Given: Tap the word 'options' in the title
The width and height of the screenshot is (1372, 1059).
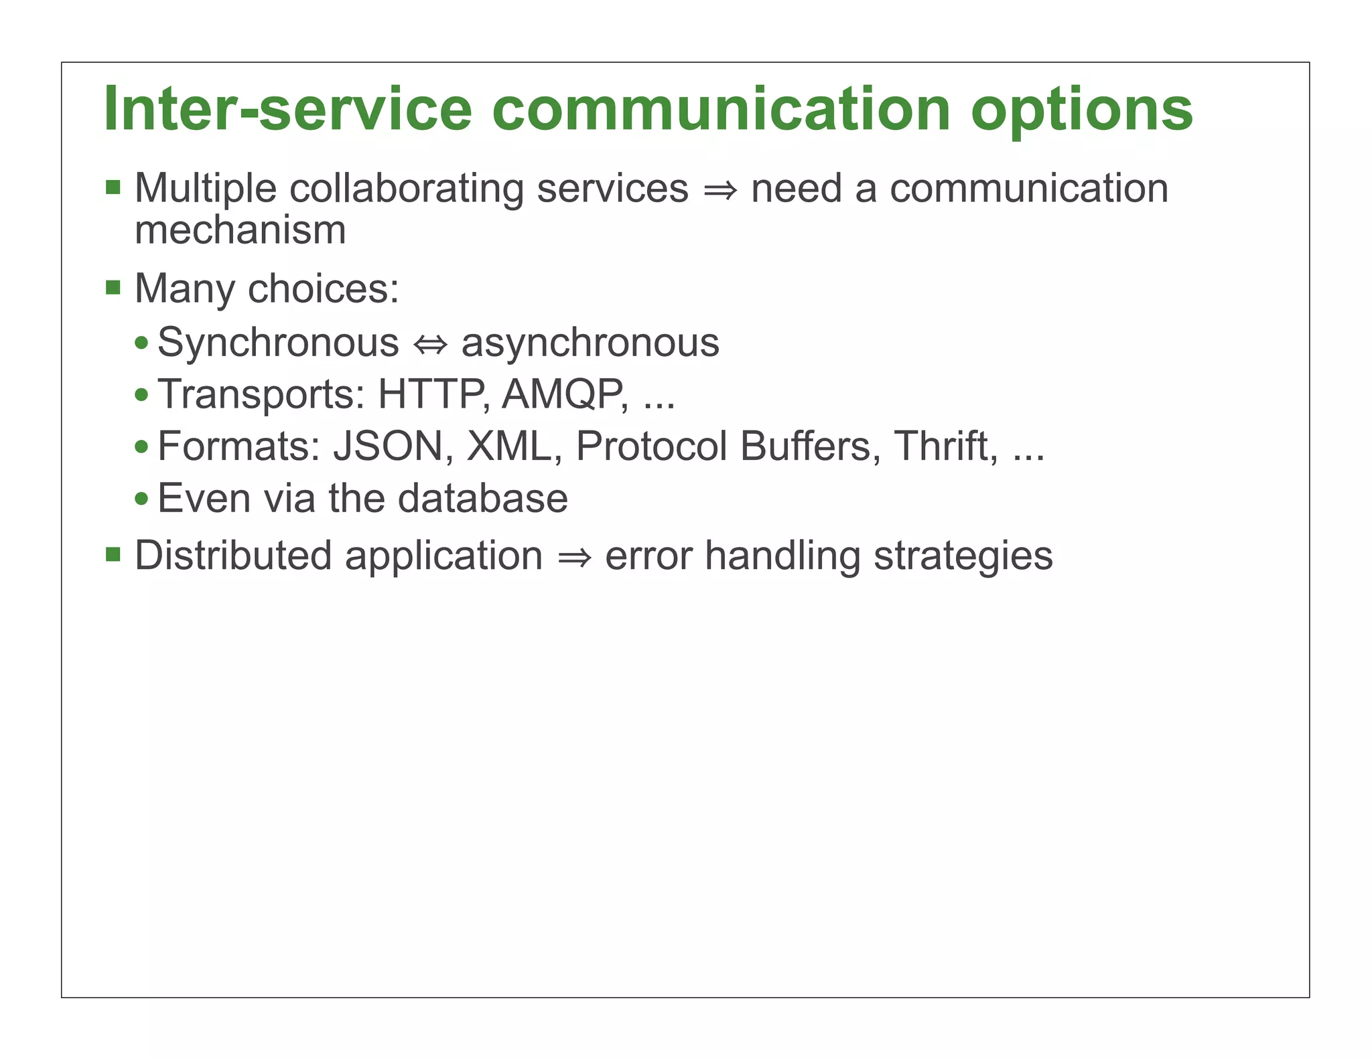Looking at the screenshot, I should click(x=1081, y=110).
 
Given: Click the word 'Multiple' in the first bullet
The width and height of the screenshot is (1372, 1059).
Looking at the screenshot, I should click(x=205, y=189).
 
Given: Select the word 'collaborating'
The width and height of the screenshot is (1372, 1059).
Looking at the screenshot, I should click(x=406, y=189).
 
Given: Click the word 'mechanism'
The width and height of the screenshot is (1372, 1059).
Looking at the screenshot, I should click(x=240, y=230).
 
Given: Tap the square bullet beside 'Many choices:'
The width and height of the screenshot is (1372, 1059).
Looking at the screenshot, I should click(x=113, y=289).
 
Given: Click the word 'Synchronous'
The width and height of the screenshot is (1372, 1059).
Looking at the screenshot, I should click(x=278, y=343).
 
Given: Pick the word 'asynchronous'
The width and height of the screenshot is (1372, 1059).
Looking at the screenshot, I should click(x=590, y=343).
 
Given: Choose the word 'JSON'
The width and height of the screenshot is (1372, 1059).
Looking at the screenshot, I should click(x=389, y=446).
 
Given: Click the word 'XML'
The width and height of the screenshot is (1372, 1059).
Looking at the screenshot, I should click(x=509, y=446).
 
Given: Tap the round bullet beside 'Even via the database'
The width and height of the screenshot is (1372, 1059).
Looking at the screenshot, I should click(x=141, y=499).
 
